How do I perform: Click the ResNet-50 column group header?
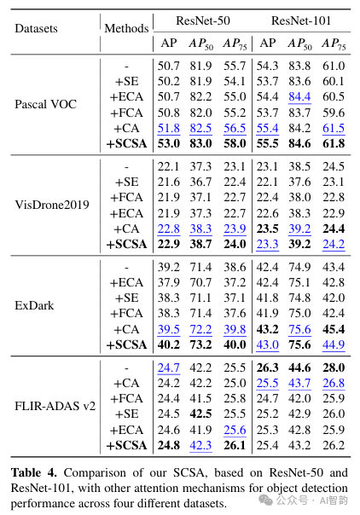point(203,20)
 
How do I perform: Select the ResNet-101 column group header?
point(301,20)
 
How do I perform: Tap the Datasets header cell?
point(36,28)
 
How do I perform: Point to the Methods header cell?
point(126,28)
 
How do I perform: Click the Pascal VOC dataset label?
point(46,104)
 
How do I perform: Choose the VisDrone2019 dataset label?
point(52,205)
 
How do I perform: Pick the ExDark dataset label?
point(34,305)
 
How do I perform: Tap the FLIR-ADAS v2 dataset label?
point(55,406)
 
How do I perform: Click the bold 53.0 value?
point(169,143)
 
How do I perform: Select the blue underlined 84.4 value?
point(299,96)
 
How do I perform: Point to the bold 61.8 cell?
point(334,143)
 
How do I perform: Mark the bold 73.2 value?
point(200,344)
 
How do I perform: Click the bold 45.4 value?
point(334,329)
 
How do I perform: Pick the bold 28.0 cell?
point(334,367)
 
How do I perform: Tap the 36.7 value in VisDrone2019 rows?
point(200,182)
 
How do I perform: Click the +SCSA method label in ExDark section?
point(126,344)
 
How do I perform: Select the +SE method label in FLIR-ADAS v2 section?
point(127,414)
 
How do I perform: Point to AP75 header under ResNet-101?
point(334,44)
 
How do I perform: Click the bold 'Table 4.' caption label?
point(33,472)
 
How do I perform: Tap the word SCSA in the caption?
point(190,472)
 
